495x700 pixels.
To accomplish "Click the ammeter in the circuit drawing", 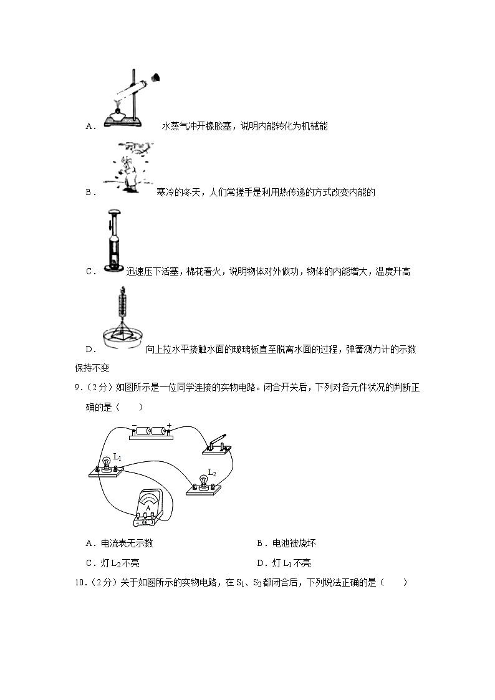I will point(148,512).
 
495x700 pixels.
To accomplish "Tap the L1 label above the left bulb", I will point(117,457).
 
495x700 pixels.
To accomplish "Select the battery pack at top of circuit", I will point(151,431).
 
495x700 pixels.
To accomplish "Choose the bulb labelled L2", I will point(203,481).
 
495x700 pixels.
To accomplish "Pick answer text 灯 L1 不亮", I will point(291,563).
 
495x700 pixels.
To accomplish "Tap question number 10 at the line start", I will point(79,583).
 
